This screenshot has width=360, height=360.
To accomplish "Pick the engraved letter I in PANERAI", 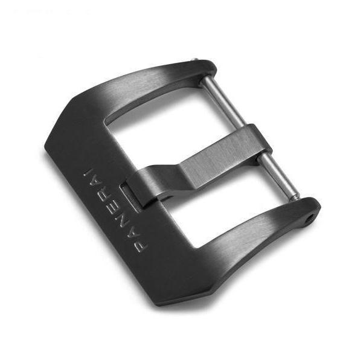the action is point(88,173).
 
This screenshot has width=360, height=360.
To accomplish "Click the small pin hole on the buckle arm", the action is point(311,217).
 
